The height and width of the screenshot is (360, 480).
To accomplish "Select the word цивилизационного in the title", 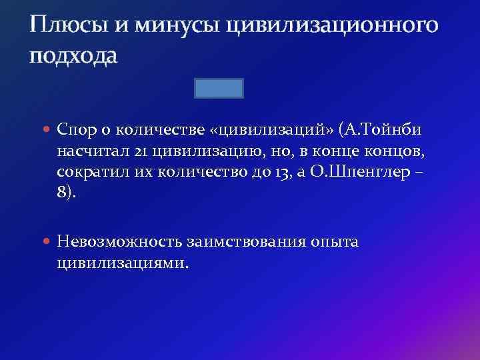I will [x=332, y=27].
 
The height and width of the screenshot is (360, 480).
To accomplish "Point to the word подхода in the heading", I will [x=73, y=56].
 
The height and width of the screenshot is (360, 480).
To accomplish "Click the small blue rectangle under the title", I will [x=219, y=88].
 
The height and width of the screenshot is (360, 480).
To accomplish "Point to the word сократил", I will [x=89, y=173].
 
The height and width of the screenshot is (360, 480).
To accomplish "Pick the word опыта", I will [x=335, y=241].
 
